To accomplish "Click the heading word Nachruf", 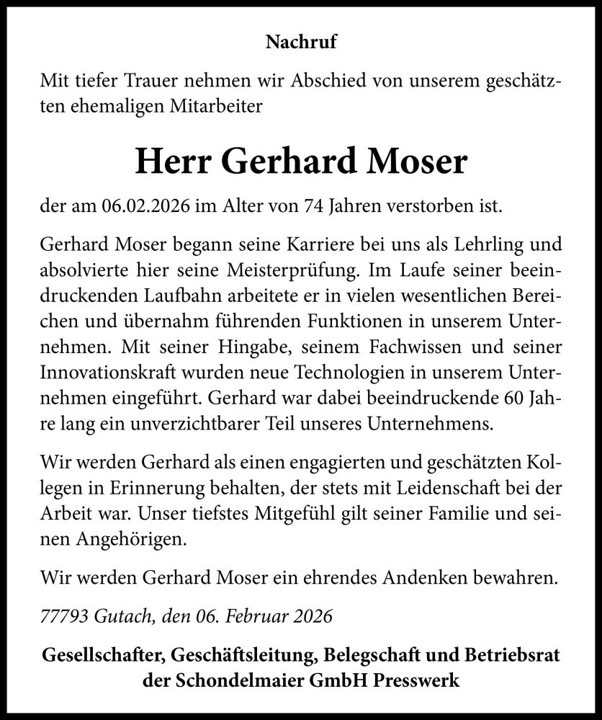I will coord(301,43).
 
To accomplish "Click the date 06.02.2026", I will coord(151,208).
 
